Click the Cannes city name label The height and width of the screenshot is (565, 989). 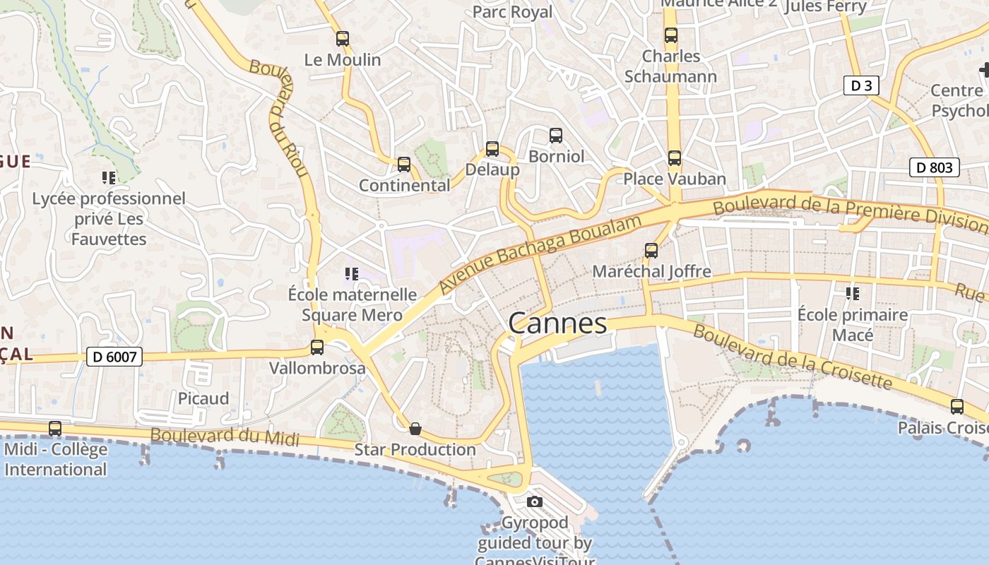click(557, 323)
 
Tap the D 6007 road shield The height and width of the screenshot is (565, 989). click(114, 357)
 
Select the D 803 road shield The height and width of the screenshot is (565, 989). click(934, 167)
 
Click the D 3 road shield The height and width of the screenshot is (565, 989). click(861, 86)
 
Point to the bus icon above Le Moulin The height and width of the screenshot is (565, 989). click(343, 39)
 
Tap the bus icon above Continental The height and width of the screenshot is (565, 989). click(404, 165)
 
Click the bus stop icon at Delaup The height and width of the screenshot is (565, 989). click(492, 149)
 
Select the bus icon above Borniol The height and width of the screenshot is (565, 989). click(556, 135)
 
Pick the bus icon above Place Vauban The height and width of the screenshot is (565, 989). click(675, 158)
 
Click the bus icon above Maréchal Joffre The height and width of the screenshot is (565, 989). click(651, 250)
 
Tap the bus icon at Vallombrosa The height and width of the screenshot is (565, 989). click(317, 347)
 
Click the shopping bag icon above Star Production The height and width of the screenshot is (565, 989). click(415, 428)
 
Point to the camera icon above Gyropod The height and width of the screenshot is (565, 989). click(535, 501)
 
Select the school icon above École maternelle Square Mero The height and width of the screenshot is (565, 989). click(352, 273)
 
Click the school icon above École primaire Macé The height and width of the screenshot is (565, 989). click(853, 293)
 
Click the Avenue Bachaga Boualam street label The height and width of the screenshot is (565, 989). click(540, 254)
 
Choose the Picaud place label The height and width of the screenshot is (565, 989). click(203, 398)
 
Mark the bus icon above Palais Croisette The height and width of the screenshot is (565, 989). click(957, 407)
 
